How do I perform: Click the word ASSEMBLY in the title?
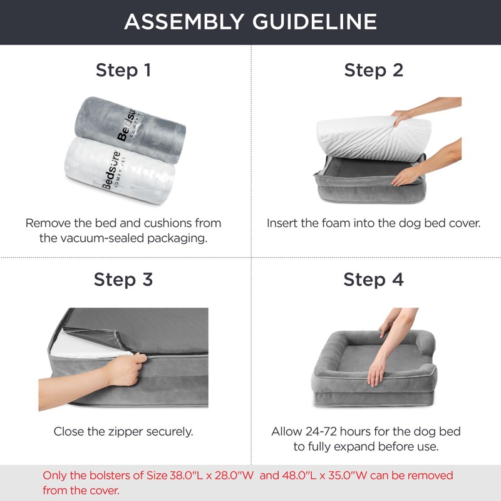click(184, 22)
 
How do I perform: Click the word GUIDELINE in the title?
click(315, 22)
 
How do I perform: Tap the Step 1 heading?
click(123, 70)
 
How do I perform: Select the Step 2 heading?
click(373, 70)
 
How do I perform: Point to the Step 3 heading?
click(123, 279)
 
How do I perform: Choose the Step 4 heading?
click(373, 279)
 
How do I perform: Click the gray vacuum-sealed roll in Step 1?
click(130, 130)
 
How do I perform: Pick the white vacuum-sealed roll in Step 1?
click(120, 171)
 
